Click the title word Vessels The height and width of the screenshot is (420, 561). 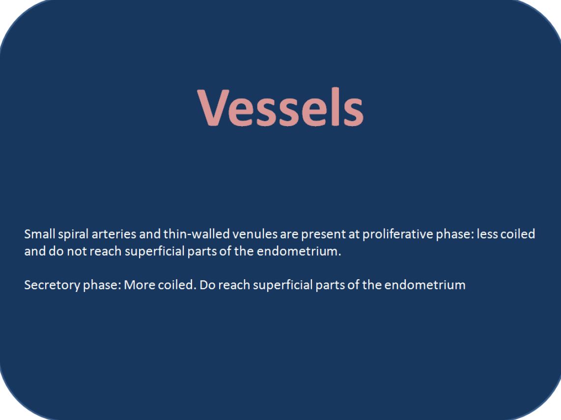click(x=280, y=107)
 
